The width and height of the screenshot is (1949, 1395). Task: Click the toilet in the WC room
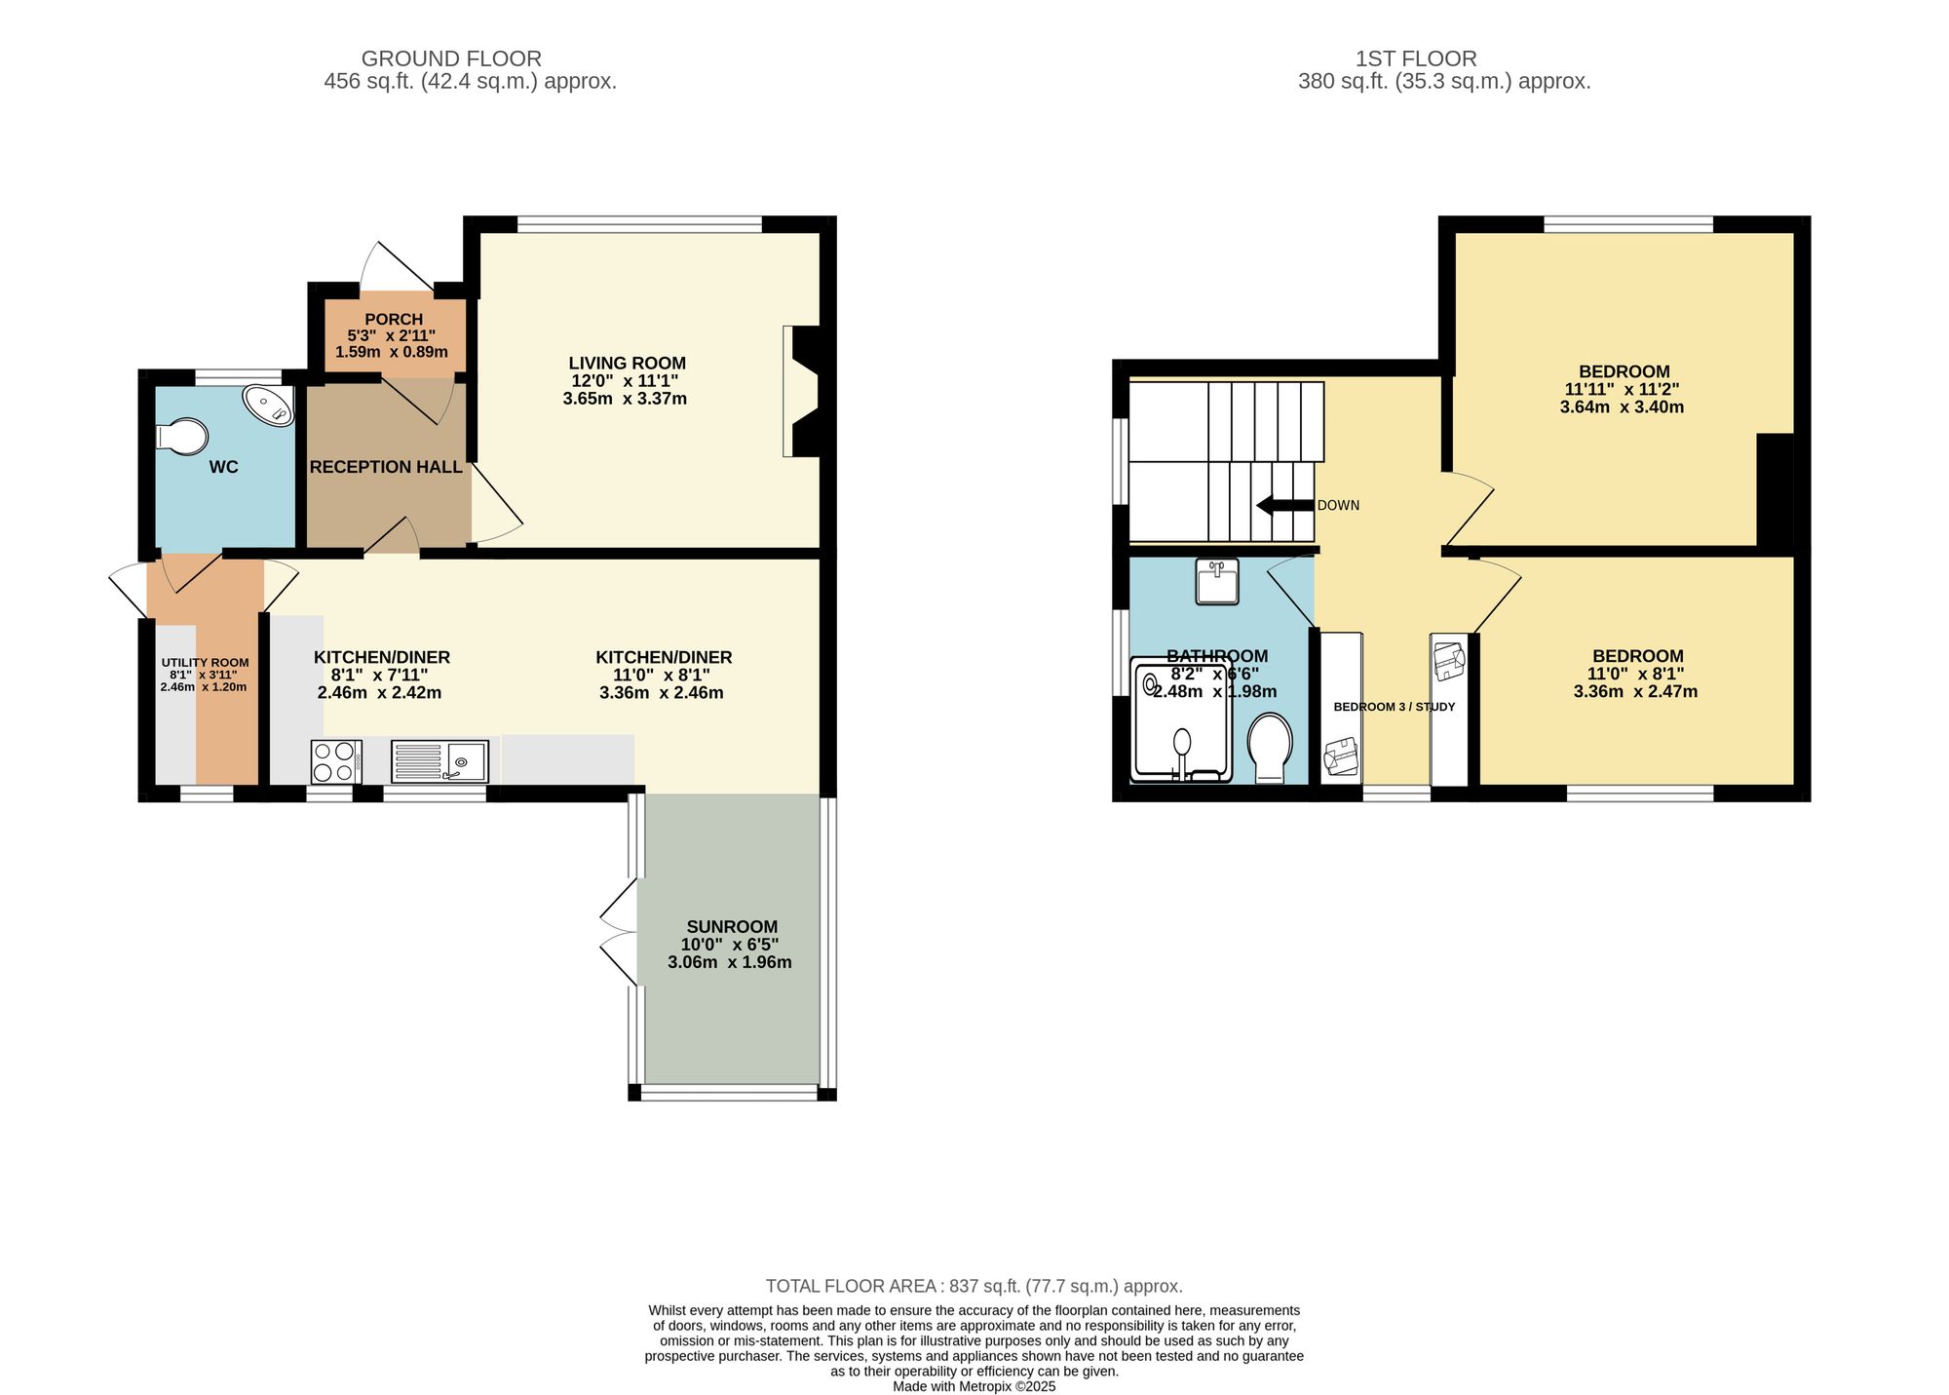pos(182,437)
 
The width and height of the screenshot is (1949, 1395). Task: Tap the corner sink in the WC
pos(268,405)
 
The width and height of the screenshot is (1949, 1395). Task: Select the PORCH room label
pos(394,319)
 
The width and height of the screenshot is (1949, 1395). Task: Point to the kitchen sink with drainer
pos(439,761)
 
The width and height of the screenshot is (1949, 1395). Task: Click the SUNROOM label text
pos(731,927)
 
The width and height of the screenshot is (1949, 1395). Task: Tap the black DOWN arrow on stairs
pos(1284,505)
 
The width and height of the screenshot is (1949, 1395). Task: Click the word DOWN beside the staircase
pos(1338,505)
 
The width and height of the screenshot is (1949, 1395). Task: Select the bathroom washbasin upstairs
pos(1216,581)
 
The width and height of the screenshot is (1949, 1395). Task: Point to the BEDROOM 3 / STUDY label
pos(1394,707)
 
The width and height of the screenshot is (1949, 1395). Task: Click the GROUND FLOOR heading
pos(451,58)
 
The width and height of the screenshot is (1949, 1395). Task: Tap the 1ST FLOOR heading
pos(1416,58)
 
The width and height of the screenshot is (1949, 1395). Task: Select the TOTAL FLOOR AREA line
pos(974,1286)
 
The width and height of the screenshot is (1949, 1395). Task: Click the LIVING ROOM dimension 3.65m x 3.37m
pos(625,399)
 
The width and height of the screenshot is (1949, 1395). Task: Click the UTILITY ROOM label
pos(205,663)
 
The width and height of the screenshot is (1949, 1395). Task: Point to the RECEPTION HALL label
pos(386,467)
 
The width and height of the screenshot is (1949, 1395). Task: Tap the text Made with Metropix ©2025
pos(974,1386)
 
